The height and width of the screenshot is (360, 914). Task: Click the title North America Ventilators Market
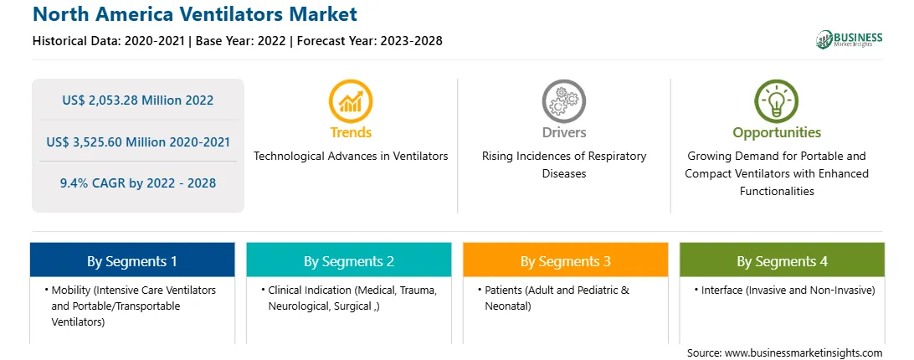[195, 14]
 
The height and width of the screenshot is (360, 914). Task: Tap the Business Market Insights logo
[849, 39]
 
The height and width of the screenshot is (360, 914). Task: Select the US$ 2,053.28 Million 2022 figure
[137, 100]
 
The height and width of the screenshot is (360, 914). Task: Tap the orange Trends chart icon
[351, 101]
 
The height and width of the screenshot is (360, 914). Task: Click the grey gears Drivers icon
[563, 101]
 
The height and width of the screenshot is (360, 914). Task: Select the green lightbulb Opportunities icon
[777, 101]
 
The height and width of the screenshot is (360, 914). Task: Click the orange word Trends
[351, 132]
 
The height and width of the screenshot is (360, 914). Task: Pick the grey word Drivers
[563, 132]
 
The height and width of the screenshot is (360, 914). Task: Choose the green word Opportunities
[777, 133]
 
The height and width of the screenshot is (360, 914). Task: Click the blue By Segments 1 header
[132, 260]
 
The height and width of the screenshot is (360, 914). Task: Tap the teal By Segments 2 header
[348, 260]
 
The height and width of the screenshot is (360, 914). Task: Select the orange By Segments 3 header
[566, 260]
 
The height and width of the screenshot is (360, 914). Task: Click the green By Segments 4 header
[782, 260]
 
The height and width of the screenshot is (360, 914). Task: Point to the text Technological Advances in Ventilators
[351, 156]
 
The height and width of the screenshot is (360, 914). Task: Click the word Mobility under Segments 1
[71, 290]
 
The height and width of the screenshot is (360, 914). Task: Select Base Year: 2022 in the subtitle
[241, 41]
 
